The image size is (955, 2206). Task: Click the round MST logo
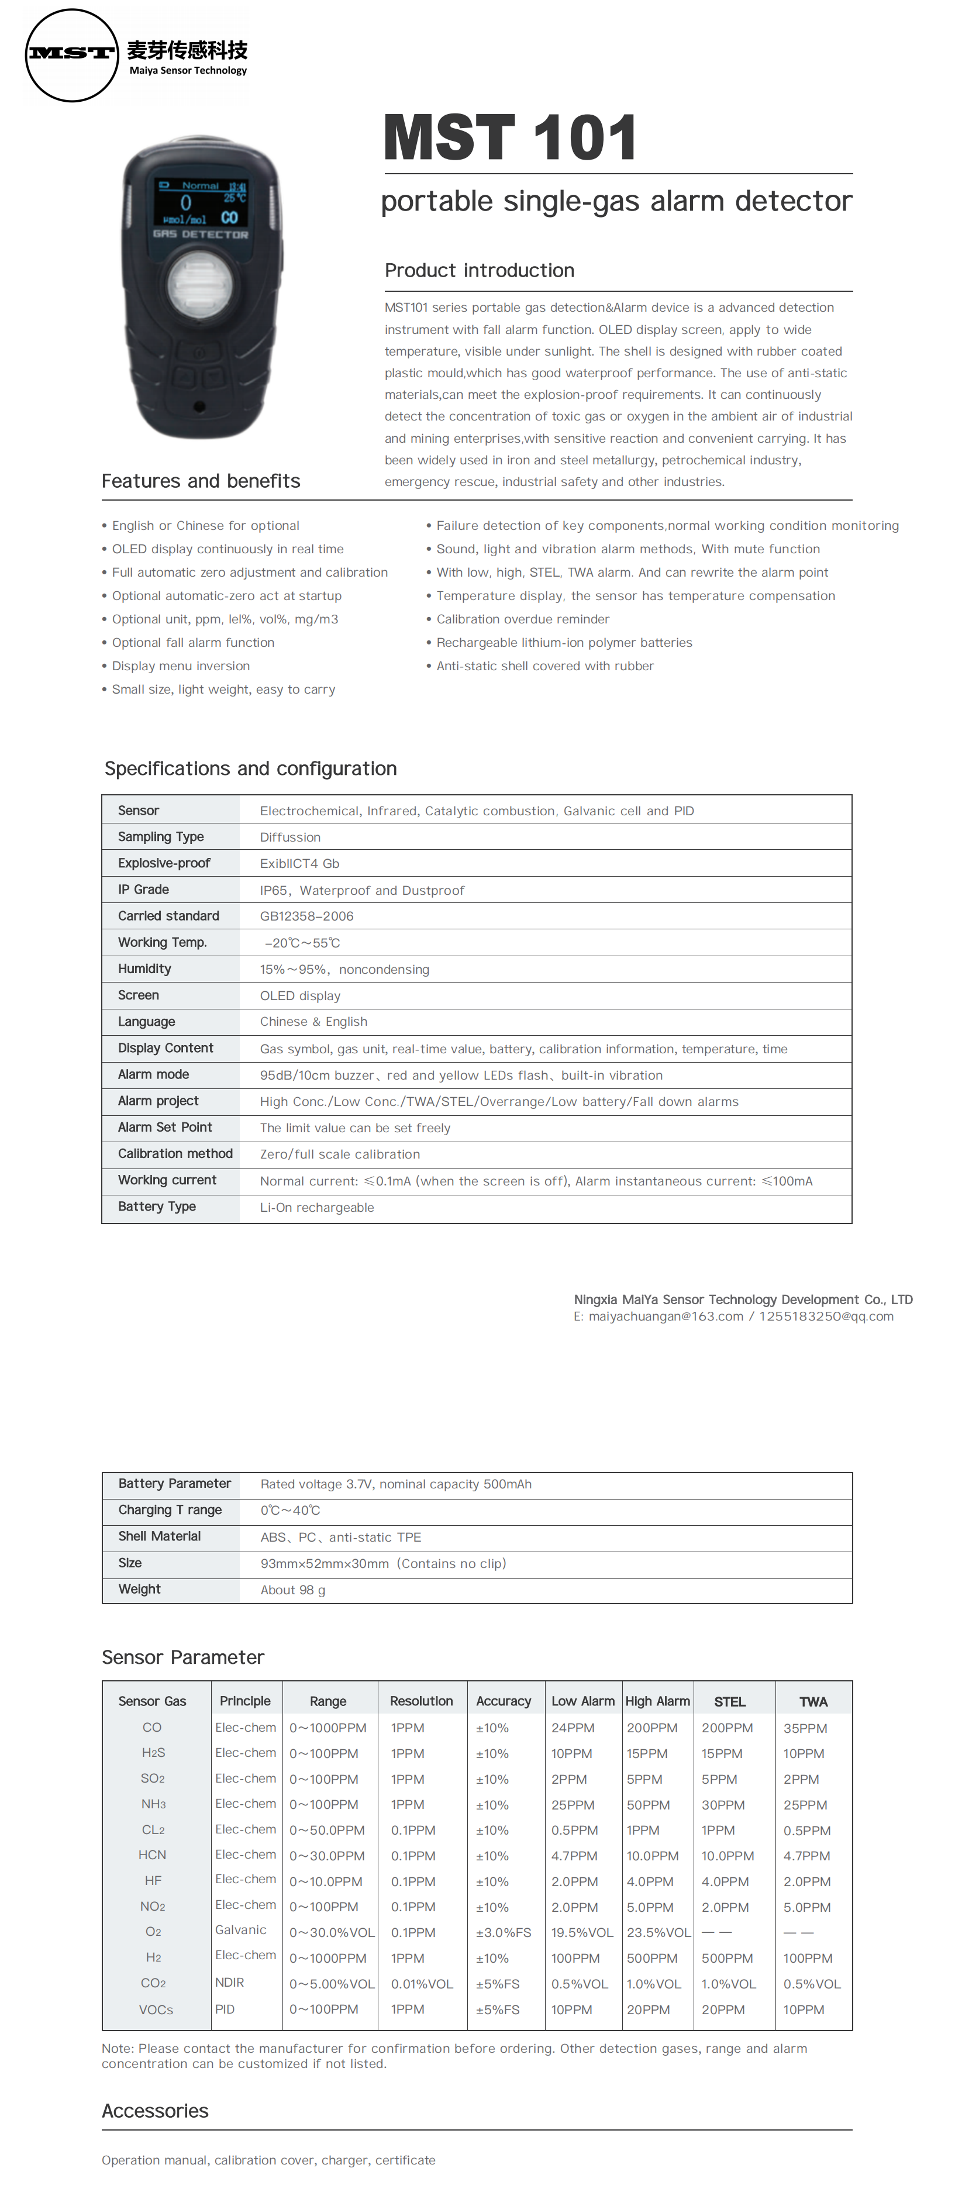pyautogui.click(x=72, y=56)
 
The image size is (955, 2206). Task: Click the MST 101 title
pyautogui.click(x=511, y=138)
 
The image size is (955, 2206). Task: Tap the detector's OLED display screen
pyautogui.click(x=201, y=203)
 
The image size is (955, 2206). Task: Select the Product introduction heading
pyautogui.click(x=480, y=271)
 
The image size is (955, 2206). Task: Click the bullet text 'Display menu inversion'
pyautogui.click(x=181, y=666)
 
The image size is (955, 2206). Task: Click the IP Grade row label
pyautogui.click(x=143, y=890)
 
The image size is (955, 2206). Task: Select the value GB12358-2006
pyautogui.click(x=306, y=916)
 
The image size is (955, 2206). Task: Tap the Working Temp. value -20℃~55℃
pyautogui.click(x=302, y=943)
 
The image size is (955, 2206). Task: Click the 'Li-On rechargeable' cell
pyautogui.click(x=317, y=1208)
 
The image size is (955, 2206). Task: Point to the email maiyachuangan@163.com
pyautogui.click(x=666, y=1316)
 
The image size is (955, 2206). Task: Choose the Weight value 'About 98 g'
pyautogui.click(x=293, y=1590)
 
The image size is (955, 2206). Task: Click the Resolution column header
pyautogui.click(x=422, y=1702)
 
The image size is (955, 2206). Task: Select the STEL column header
pyautogui.click(x=730, y=1702)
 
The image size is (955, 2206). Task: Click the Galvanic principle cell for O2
pyautogui.click(x=241, y=1930)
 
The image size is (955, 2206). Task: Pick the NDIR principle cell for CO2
pyautogui.click(x=230, y=1983)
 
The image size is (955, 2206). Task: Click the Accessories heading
pyautogui.click(x=155, y=2111)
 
